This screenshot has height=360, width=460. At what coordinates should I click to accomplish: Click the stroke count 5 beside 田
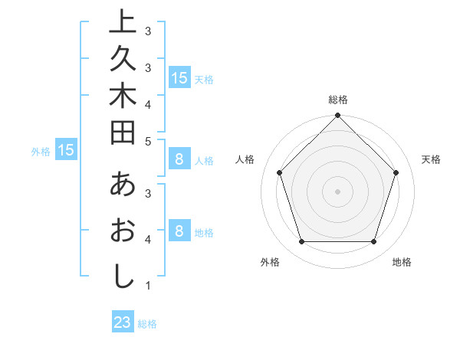click(x=147, y=141)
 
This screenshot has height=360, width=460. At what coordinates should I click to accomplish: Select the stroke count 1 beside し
click(x=147, y=286)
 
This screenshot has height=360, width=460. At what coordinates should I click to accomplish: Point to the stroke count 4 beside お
click(x=147, y=240)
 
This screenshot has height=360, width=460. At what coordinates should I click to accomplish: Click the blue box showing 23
click(x=123, y=322)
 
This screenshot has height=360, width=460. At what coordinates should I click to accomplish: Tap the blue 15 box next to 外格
click(x=66, y=150)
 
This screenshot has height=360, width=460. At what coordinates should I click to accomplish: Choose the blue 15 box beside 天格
click(x=179, y=77)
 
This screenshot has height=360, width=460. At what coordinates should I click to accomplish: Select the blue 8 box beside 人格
click(x=179, y=159)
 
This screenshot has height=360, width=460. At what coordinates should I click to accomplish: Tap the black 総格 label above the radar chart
click(x=337, y=100)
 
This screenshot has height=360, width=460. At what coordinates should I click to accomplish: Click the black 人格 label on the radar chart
click(x=245, y=159)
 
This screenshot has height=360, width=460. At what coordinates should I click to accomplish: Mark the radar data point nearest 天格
click(x=396, y=172)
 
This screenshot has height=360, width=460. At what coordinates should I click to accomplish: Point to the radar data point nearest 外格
click(x=301, y=241)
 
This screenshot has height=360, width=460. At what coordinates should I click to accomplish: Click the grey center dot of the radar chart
click(x=337, y=191)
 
